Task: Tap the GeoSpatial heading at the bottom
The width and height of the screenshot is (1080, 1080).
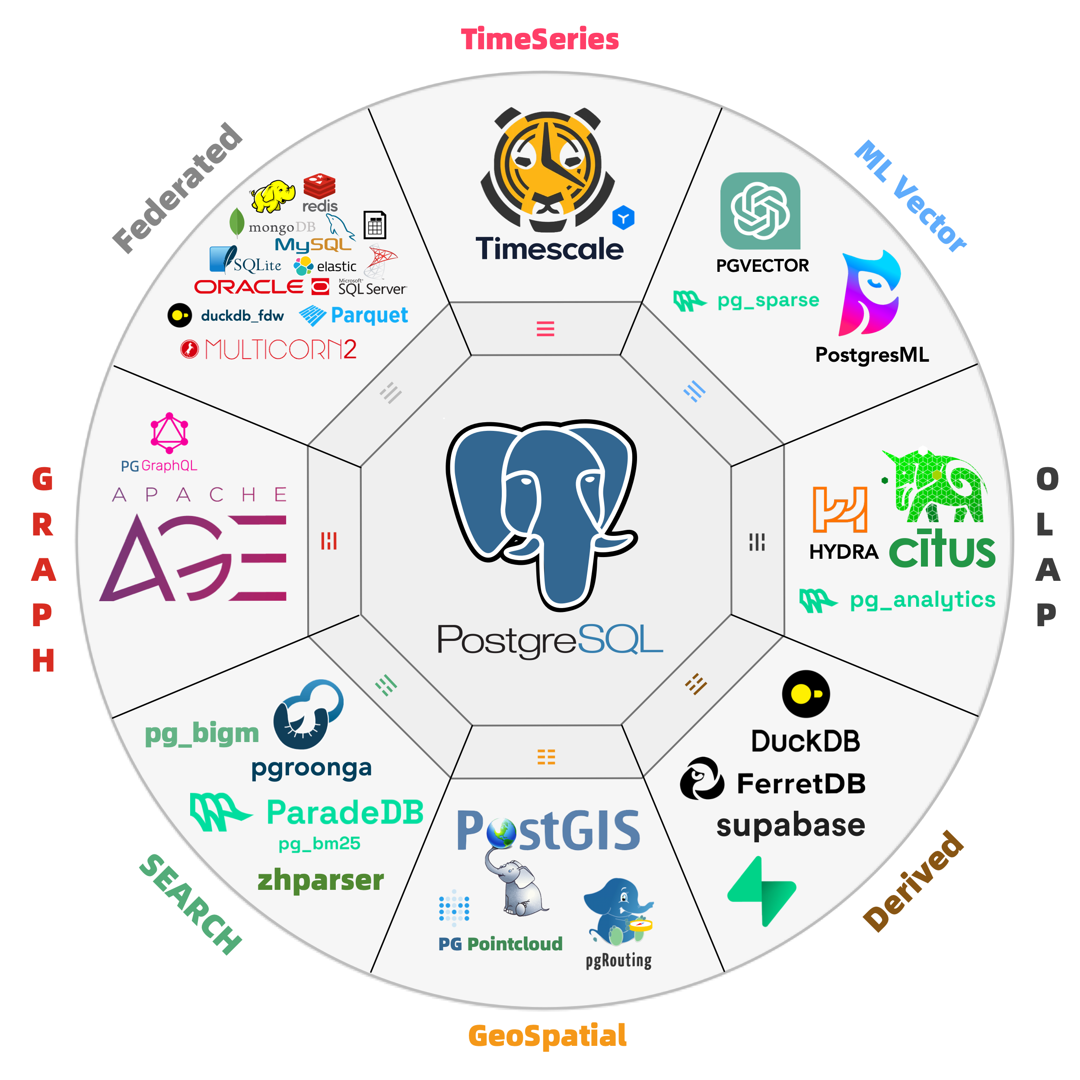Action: point(547,1035)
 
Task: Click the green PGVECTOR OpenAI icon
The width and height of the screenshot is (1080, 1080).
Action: point(760,211)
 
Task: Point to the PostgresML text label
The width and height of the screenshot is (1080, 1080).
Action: point(872,354)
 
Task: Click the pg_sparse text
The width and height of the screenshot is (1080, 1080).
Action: point(768,300)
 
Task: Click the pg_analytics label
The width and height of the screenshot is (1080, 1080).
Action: point(922,599)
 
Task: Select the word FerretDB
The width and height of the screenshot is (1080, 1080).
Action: point(801,783)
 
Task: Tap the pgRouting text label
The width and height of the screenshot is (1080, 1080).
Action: point(618,960)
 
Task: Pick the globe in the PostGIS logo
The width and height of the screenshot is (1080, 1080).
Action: point(501,832)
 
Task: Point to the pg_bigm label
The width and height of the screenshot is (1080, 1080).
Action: point(202,733)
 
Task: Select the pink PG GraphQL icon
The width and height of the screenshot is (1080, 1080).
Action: point(169,433)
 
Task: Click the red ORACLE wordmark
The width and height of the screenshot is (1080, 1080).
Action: point(249,287)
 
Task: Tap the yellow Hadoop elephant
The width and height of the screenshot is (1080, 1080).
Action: point(273,196)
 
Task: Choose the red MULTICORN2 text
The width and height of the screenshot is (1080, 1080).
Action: point(280,349)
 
